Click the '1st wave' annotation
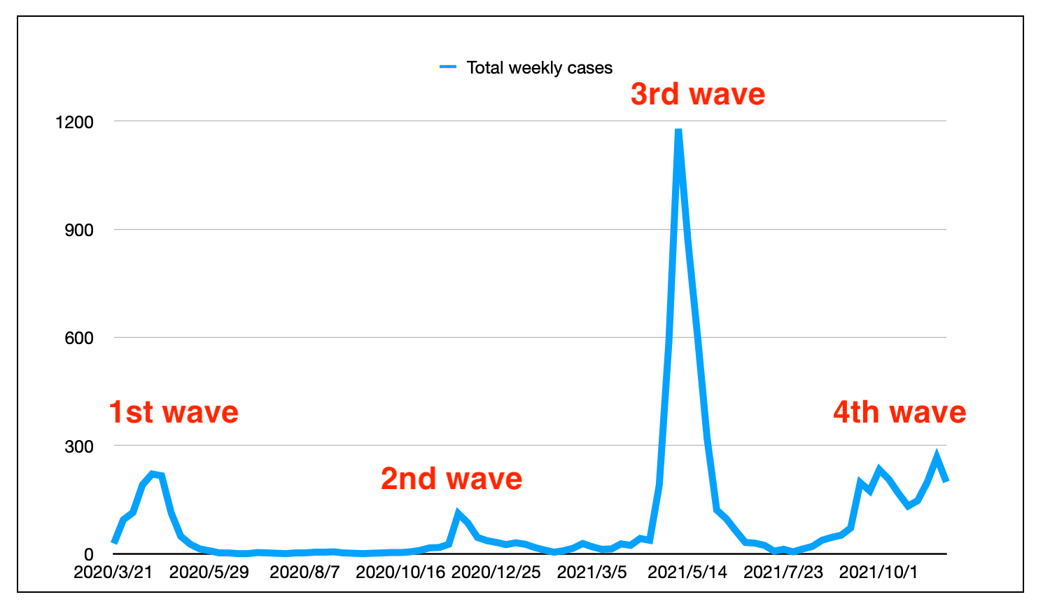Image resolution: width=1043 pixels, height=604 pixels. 174,412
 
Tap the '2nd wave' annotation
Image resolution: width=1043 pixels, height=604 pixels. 451,479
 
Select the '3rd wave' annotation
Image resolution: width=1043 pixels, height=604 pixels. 697,94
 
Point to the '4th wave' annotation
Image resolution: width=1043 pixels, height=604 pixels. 899,412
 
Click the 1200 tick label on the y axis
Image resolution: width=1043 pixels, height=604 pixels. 74,122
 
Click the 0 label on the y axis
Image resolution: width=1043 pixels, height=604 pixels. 88,554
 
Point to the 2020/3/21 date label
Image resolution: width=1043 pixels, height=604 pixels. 113,572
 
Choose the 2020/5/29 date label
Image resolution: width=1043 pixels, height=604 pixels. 209,572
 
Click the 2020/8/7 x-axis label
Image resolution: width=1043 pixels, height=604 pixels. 304,572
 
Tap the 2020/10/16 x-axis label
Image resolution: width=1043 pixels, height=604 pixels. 400,572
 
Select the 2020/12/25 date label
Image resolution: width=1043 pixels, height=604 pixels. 496,572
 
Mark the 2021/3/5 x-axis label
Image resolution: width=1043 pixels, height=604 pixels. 591,572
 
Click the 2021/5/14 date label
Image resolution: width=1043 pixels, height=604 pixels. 687,572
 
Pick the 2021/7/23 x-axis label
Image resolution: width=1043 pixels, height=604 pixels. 783,572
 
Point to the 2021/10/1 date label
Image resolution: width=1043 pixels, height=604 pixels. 878,572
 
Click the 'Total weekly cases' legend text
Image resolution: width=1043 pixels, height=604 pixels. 539,68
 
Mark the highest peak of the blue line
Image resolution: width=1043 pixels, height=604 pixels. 678,130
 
